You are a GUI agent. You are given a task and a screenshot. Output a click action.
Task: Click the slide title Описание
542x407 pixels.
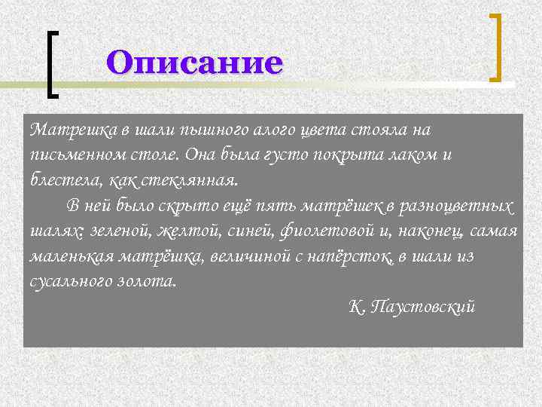click(x=195, y=62)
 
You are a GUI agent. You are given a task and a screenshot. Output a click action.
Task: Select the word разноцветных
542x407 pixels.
click(x=462, y=206)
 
